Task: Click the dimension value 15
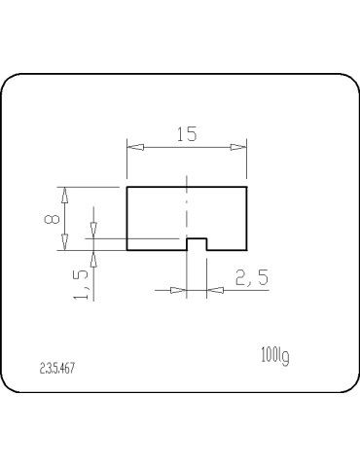point(186,134)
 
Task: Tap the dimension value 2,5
point(251,278)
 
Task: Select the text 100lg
point(275,356)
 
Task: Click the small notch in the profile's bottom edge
point(196,244)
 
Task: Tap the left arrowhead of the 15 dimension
point(133,148)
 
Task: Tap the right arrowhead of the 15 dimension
point(239,148)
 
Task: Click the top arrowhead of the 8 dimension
point(67,192)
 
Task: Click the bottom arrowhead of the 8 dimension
point(67,244)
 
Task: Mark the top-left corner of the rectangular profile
point(127,186)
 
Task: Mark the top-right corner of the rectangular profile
point(246,186)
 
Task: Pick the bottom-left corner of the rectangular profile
point(127,250)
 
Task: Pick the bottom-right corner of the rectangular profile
point(246,250)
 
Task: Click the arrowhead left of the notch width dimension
point(180,290)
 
